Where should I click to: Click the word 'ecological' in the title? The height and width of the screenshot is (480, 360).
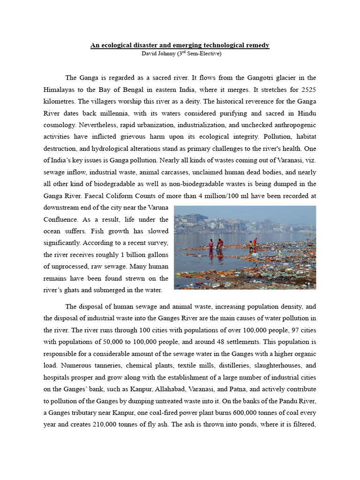point(117,45)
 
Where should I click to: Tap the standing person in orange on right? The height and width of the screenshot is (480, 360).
point(255,242)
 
